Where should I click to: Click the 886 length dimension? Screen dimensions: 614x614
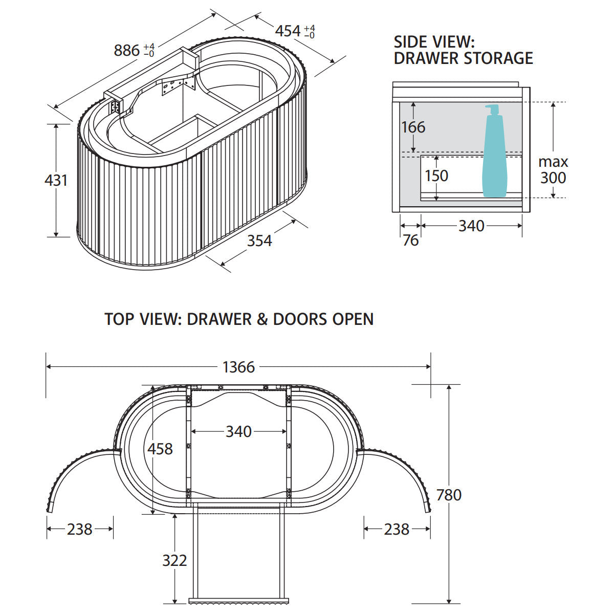click(x=127, y=50)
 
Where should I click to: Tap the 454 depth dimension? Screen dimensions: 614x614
click(x=288, y=31)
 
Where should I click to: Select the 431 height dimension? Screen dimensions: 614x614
click(x=56, y=180)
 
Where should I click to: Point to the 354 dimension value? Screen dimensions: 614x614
click(x=259, y=240)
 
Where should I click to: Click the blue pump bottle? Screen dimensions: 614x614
click(x=494, y=151)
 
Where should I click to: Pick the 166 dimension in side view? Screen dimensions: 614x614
click(x=413, y=127)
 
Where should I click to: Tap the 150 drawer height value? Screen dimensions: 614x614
click(x=436, y=176)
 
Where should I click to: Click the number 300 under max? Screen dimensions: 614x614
click(x=553, y=178)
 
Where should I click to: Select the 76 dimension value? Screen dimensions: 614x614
click(x=410, y=240)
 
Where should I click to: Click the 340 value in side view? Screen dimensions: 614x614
click(x=471, y=226)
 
